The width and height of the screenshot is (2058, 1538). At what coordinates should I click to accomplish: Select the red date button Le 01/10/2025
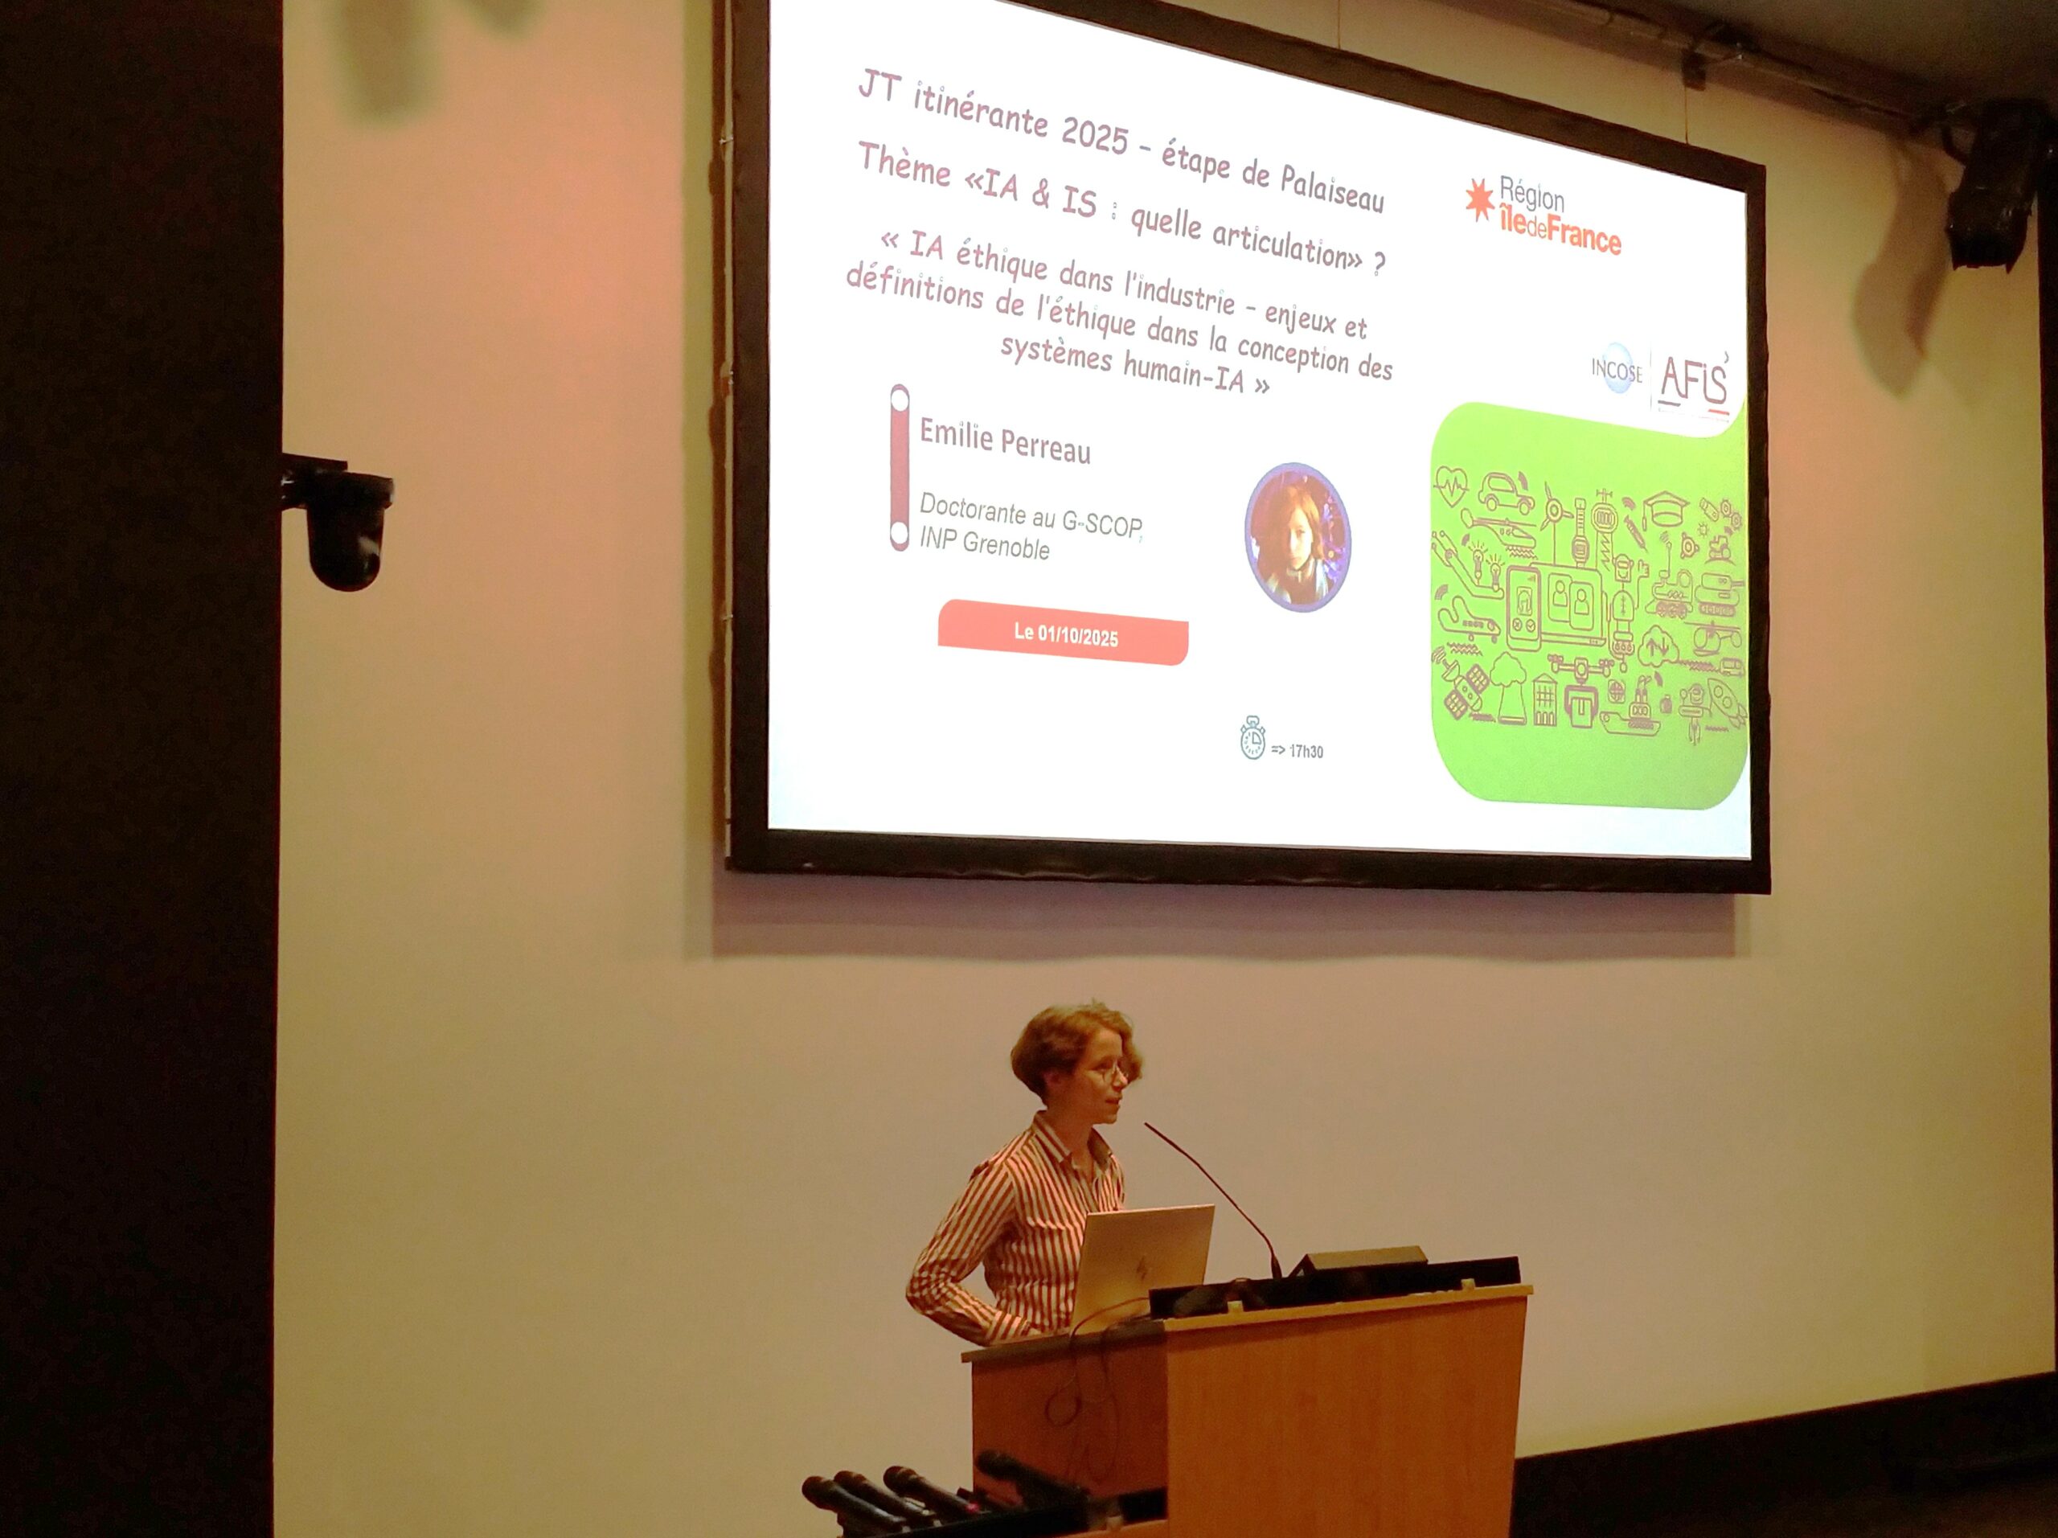pos(1064,633)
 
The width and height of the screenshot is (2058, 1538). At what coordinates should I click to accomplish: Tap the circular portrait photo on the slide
pos(1297,537)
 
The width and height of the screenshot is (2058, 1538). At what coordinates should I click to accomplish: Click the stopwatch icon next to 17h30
pos(1252,738)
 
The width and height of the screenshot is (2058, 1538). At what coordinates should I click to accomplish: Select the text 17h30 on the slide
pos(1306,751)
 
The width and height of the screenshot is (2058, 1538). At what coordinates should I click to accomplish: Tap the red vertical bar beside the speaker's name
pos(899,468)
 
